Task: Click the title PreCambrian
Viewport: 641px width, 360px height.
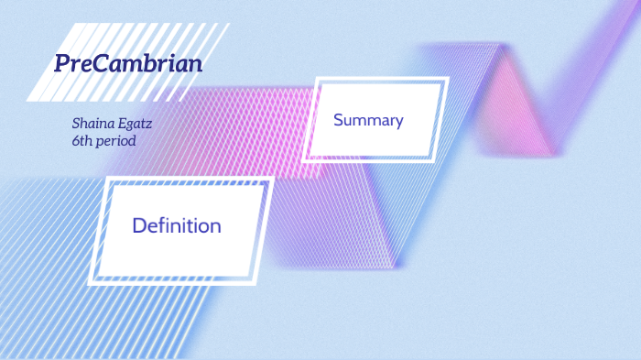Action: tap(128, 63)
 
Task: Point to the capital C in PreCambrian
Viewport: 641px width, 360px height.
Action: tap(99, 63)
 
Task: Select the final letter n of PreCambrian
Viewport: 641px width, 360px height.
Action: tap(195, 64)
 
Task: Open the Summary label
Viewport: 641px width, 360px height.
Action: tap(368, 120)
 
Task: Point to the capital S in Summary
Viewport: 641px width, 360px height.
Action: tap(339, 120)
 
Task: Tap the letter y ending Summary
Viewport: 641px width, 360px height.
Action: tap(399, 123)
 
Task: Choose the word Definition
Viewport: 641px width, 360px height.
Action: tap(177, 224)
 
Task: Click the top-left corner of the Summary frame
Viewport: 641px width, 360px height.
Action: tap(317, 79)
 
